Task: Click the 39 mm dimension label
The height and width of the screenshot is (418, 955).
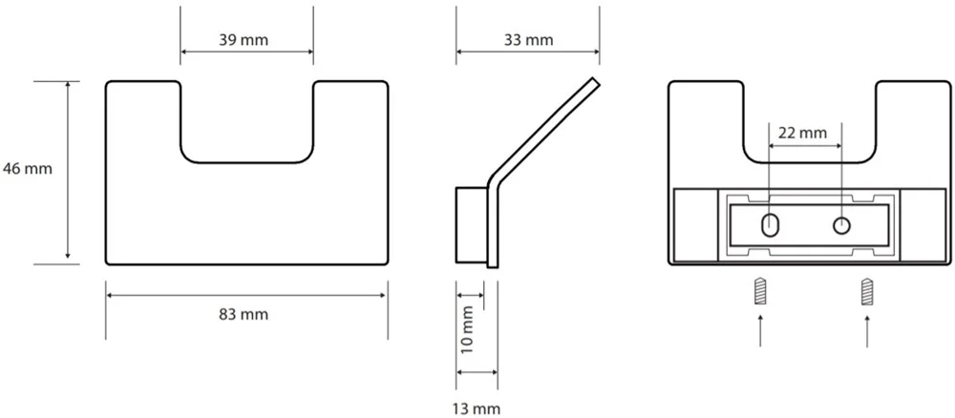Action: [244, 40]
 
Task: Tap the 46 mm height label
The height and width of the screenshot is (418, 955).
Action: [28, 169]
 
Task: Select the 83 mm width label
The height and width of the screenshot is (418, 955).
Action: [244, 315]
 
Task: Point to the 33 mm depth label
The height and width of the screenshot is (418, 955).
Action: [529, 40]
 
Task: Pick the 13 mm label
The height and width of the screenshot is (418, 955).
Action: [477, 408]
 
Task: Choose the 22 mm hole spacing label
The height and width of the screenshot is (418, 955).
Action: [803, 133]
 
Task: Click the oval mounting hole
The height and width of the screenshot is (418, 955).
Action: [770, 226]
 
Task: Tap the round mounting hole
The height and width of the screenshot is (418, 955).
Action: [841, 226]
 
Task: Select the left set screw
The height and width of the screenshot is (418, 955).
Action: [759, 291]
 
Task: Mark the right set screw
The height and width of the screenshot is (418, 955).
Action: [867, 291]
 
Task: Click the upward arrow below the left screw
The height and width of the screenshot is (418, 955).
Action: [759, 330]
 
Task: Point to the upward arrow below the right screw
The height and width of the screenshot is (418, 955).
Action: [867, 330]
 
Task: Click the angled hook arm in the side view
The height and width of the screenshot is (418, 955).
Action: [544, 130]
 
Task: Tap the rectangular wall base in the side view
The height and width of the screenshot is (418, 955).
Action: [472, 225]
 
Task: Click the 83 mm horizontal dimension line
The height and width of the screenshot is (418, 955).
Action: [246, 295]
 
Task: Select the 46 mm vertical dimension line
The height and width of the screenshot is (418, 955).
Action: [68, 173]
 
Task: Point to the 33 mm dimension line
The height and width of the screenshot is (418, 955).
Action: [528, 52]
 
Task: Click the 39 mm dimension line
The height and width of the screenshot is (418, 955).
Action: [246, 52]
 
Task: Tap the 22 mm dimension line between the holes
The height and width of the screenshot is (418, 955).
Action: [805, 146]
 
